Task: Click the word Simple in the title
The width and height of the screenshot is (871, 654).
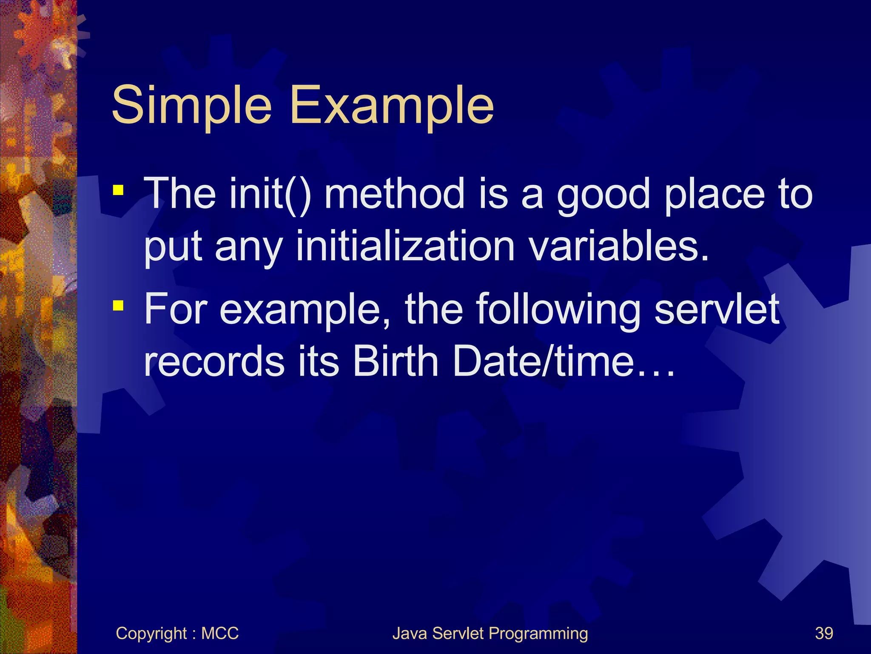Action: point(191,105)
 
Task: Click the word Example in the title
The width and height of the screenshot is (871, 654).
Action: point(392,105)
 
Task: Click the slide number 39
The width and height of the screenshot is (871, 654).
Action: point(824,633)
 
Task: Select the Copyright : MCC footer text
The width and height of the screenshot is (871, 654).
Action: point(177,634)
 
